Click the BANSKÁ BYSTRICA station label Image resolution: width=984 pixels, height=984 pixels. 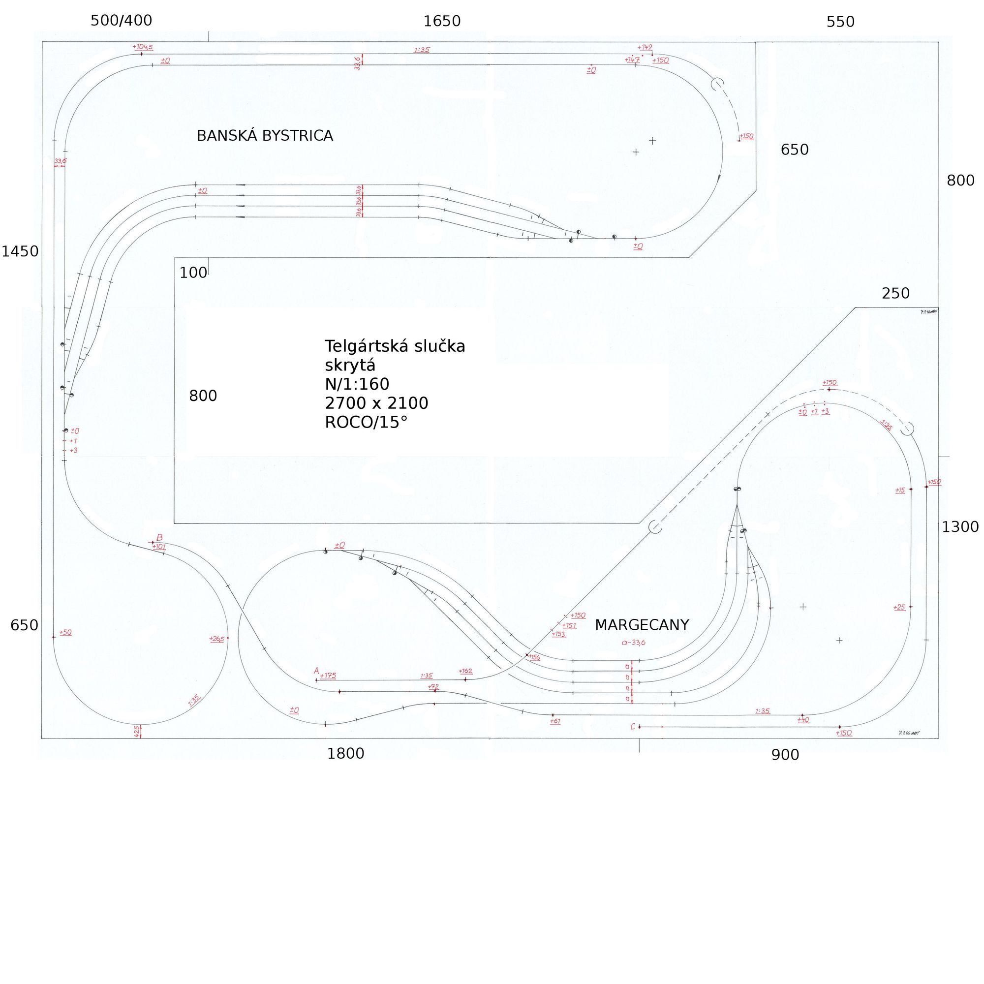pyautogui.click(x=265, y=136)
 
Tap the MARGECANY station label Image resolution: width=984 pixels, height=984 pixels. pyautogui.click(x=642, y=625)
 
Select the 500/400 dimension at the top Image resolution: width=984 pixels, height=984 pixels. pyautogui.click(x=121, y=21)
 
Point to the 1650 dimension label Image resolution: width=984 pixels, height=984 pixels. pyautogui.click(x=442, y=21)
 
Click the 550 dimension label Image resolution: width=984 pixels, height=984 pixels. pyautogui.click(x=840, y=22)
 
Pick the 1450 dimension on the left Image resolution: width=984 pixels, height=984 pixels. pyautogui.click(x=20, y=251)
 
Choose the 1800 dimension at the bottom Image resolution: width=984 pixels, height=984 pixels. pyautogui.click(x=345, y=754)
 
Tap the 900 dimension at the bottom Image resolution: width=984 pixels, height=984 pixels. pyautogui.click(x=785, y=755)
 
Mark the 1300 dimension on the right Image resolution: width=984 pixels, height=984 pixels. pyautogui.click(x=960, y=527)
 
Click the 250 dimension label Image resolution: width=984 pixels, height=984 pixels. pyautogui.click(x=895, y=294)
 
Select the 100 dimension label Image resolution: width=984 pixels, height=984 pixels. pyautogui.click(x=193, y=273)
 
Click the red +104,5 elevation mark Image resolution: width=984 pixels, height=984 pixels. pyautogui.click(x=143, y=47)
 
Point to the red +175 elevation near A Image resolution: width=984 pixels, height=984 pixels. pyautogui.click(x=328, y=676)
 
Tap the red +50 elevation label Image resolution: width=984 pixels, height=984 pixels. pyautogui.click(x=65, y=633)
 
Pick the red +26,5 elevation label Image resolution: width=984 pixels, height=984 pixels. pyautogui.click(x=216, y=639)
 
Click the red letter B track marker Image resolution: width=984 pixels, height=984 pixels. pyautogui.click(x=159, y=538)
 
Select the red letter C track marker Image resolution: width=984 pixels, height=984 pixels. pyautogui.click(x=633, y=727)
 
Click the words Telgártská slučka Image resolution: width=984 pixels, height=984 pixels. pyautogui.click(x=395, y=346)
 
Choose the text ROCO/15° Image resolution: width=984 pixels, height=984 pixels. pyautogui.click(x=366, y=423)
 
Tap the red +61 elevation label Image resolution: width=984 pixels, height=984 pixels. pyautogui.click(x=555, y=721)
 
